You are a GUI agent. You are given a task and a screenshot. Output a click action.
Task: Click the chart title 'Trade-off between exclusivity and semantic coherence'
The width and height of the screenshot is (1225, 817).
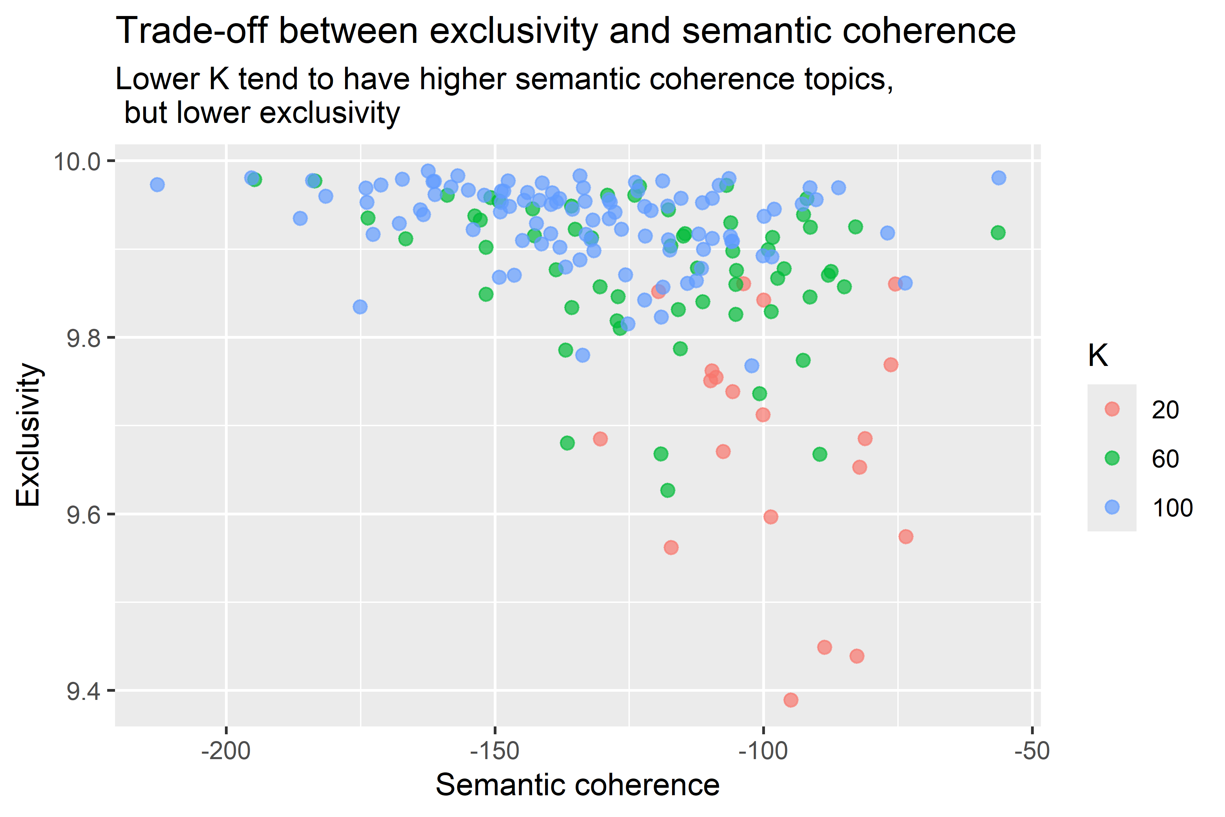565,31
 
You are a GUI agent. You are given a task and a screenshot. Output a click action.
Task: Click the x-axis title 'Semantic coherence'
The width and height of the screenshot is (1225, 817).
577,785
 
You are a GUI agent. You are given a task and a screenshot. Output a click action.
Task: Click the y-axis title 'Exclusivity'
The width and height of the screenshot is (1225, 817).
28,435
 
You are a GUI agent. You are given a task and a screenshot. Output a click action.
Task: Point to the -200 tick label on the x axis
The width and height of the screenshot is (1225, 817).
226,751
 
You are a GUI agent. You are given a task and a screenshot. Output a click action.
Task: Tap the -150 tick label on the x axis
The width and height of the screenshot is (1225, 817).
495,751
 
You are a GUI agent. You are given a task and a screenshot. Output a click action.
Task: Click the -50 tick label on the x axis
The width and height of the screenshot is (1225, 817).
1032,751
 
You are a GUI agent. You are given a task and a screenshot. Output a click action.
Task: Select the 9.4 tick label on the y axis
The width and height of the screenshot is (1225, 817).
83,691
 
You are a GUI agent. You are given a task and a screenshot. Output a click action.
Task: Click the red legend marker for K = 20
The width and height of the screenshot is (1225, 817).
1112,409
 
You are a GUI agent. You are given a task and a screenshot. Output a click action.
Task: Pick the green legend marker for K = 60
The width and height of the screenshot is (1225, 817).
1112,458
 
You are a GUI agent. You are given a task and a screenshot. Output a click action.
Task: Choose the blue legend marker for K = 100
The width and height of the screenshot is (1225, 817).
1112,507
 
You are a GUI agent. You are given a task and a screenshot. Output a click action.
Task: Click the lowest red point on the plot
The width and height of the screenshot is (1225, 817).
790,700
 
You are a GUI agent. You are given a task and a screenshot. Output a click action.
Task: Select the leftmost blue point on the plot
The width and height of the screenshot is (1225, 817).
157,185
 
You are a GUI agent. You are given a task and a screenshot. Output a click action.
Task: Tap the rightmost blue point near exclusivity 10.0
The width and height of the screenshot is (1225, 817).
998,178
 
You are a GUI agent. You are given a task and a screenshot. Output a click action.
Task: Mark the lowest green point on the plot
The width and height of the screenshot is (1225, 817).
668,490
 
